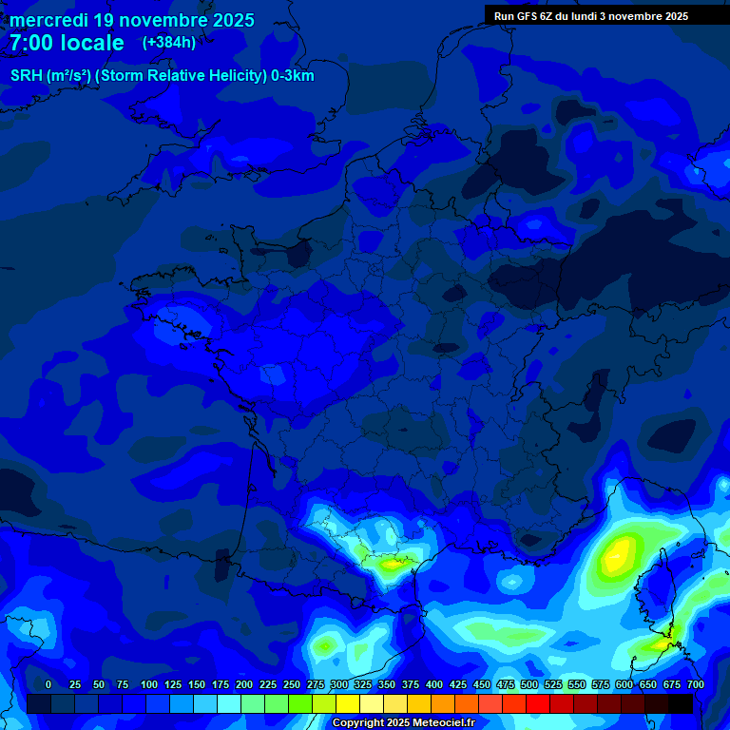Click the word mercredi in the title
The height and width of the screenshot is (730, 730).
[48, 20]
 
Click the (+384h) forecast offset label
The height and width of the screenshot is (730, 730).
[169, 43]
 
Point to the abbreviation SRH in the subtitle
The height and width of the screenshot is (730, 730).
[26, 76]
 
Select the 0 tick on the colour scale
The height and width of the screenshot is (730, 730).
[48, 684]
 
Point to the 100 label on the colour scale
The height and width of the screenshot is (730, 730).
[149, 684]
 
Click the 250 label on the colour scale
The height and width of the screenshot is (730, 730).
[292, 684]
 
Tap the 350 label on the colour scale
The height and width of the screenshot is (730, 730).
[387, 684]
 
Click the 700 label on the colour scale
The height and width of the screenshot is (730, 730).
[696, 684]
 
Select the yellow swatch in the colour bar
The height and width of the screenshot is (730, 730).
[348, 703]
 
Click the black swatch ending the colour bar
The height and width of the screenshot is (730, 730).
[681, 703]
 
